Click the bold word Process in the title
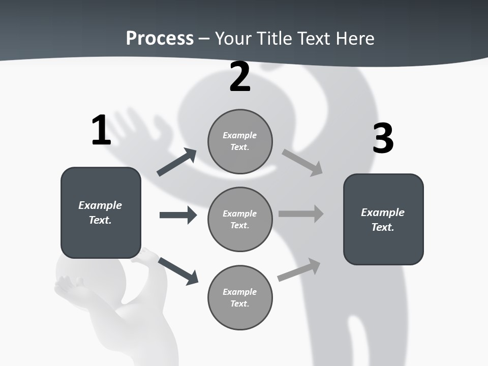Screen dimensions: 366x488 160,38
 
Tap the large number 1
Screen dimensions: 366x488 101,130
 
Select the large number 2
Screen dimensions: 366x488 240,77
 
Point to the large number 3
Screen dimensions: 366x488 383,138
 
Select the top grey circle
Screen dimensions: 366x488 240,141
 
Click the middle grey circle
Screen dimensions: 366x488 240,220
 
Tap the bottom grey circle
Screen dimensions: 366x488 240,298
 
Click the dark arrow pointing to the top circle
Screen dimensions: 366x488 177,162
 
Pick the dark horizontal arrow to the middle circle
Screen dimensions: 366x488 178,215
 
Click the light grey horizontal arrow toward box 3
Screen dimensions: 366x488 301,214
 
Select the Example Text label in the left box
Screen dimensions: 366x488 100,212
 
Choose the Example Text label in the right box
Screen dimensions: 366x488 383,220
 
